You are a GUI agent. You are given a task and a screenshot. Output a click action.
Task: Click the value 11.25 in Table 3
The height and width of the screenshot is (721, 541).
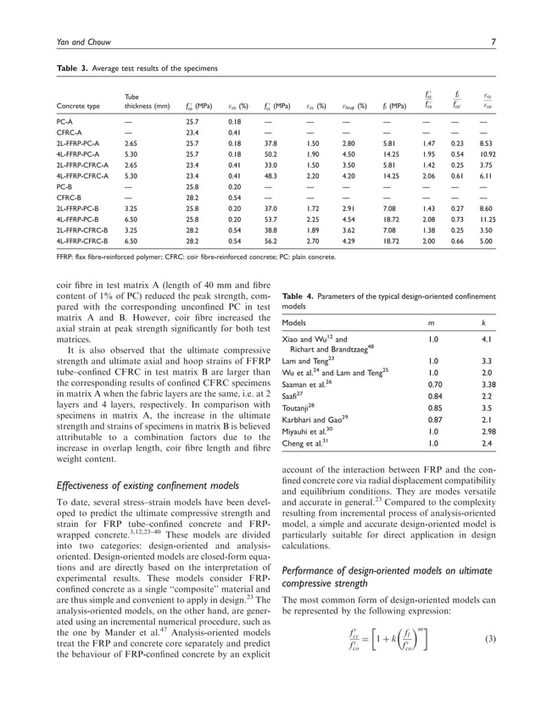pos(482,216)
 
